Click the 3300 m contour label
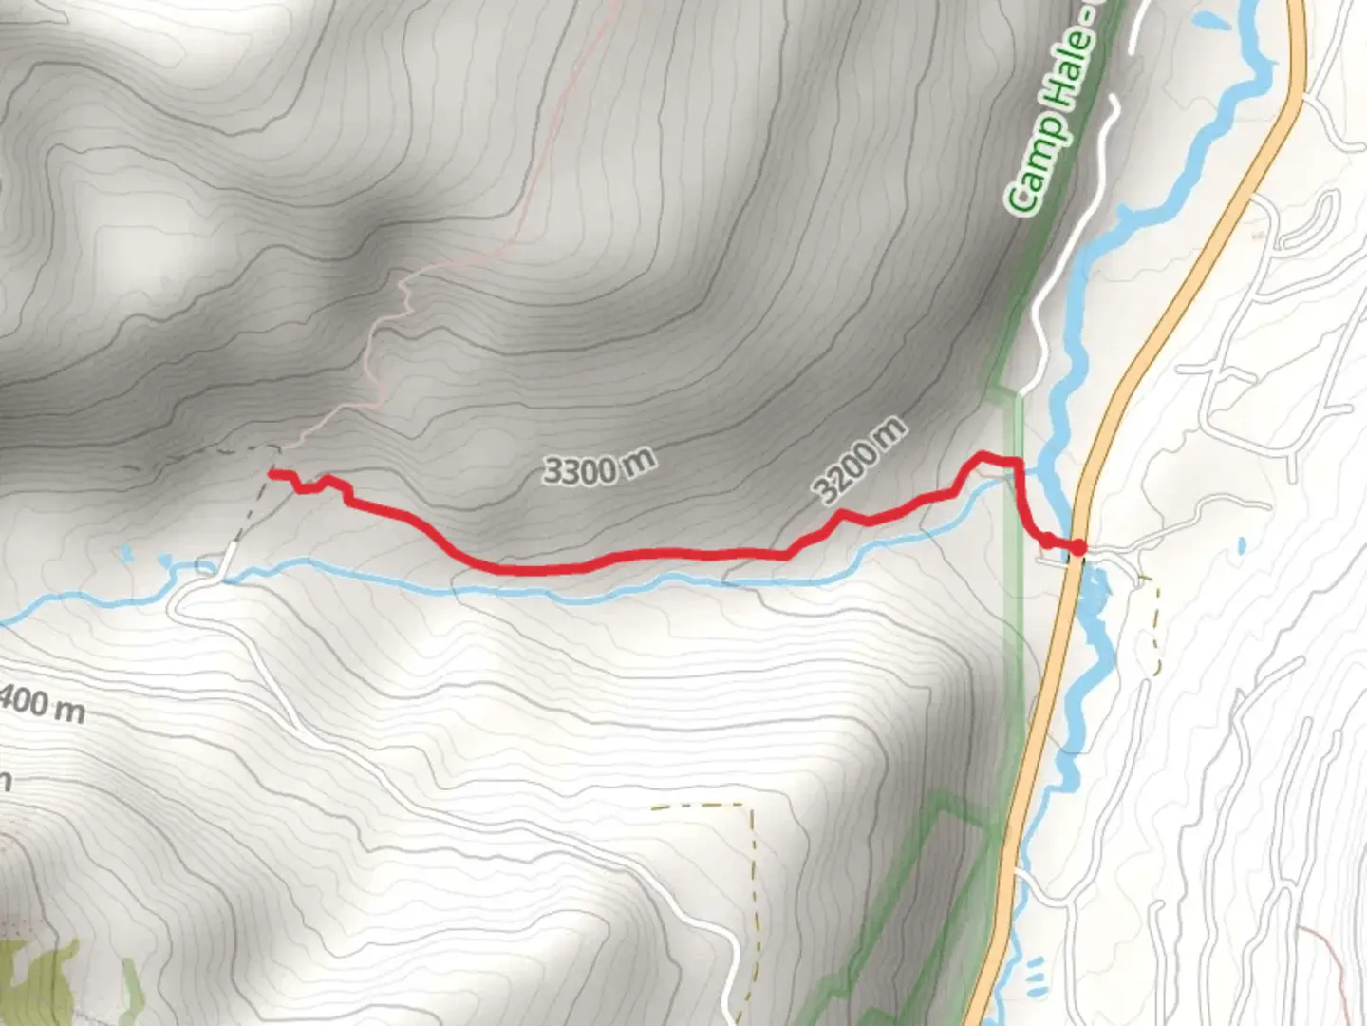pos(599,465)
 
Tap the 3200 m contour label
pos(859,460)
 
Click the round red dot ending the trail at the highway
pos(1078,546)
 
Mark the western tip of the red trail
pos(272,472)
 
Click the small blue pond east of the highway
pos(1242,546)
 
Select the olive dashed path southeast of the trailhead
pos(1154,627)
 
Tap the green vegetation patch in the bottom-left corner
pos(38,978)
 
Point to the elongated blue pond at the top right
pos(1208,18)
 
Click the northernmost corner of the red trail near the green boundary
pos(983,457)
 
